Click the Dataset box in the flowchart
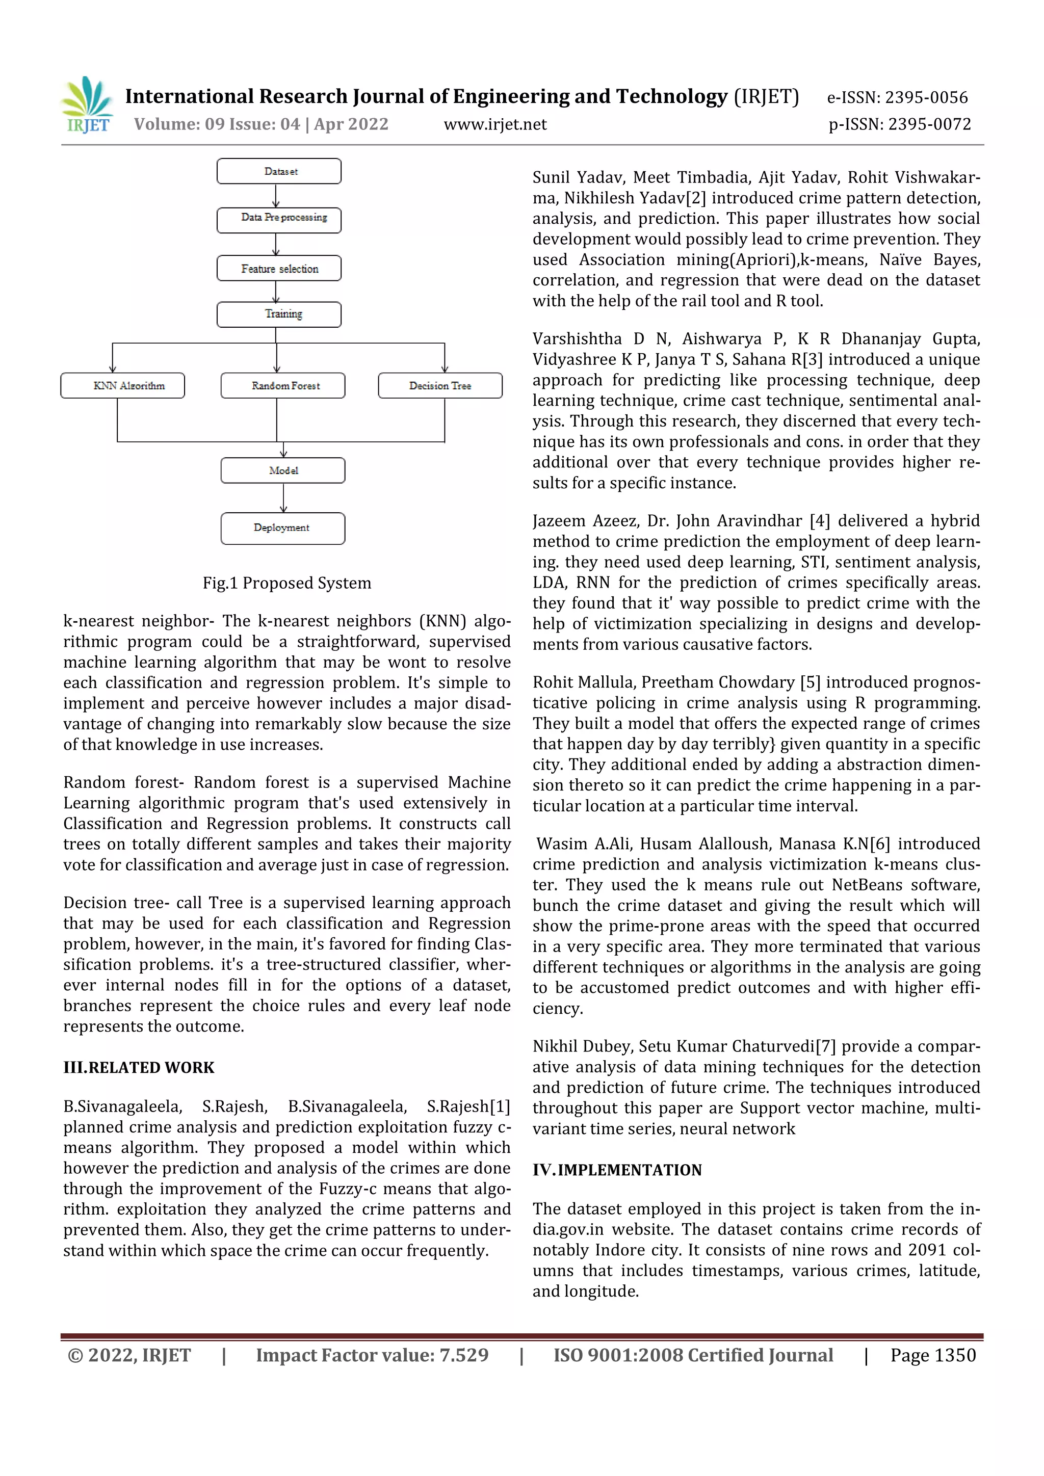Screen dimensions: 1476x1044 [x=279, y=172]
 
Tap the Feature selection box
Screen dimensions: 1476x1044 [x=279, y=269]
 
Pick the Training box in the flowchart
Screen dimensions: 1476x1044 [x=279, y=314]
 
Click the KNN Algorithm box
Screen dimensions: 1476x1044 [x=123, y=386]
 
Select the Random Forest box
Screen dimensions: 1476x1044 [x=283, y=386]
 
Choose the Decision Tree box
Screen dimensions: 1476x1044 [x=440, y=386]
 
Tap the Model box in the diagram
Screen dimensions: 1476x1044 [x=283, y=470]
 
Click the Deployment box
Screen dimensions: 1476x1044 [x=283, y=529]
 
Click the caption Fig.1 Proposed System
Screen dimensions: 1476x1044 [x=286, y=583]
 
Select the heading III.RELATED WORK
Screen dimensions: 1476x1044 [x=139, y=1068]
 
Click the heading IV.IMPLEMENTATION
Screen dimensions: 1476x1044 [x=617, y=1170]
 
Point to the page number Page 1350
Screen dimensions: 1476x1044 [x=933, y=1355]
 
